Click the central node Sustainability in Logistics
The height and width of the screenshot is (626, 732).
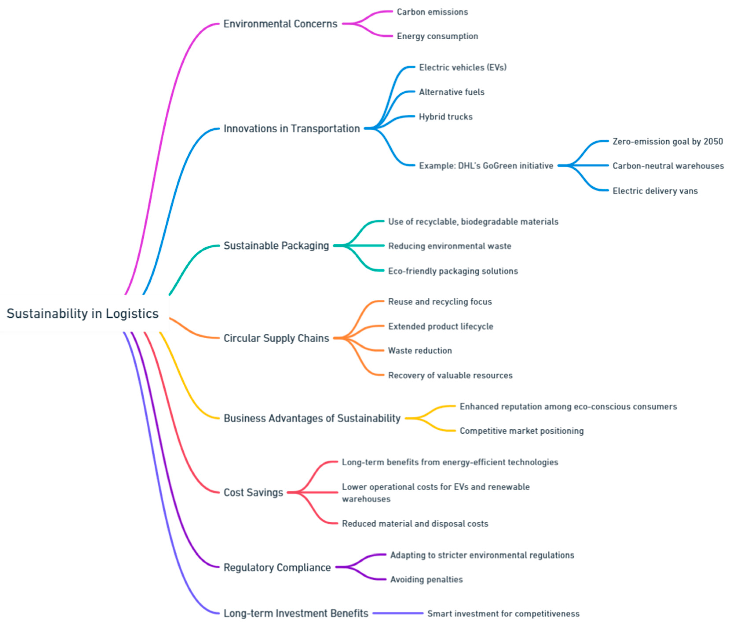click(83, 314)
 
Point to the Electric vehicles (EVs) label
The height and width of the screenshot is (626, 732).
click(462, 67)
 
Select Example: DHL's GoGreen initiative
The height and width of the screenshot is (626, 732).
click(486, 166)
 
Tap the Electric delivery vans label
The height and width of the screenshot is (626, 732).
click(655, 191)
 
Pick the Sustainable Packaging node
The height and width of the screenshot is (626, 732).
click(276, 245)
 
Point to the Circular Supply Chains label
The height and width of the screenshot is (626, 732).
click(276, 338)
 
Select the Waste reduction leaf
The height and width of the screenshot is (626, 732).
click(420, 351)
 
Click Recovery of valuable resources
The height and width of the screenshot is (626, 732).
click(450, 375)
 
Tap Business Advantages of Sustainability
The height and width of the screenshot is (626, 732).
click(312, 418)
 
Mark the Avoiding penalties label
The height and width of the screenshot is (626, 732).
click(426, 579)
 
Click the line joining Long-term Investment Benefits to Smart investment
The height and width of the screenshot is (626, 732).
click(398, 613)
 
